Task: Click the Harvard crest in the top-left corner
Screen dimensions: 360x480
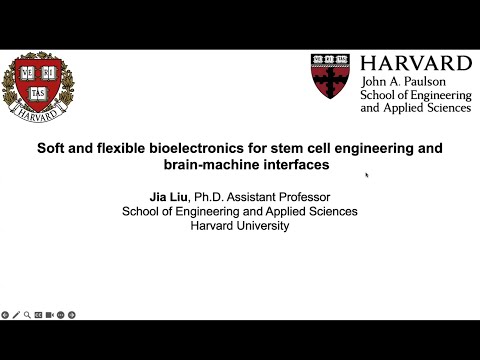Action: (x=38, y=87)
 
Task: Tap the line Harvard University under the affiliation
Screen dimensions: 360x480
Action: (x=240, y=226)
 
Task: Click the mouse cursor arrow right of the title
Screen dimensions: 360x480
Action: (x=367, y=175)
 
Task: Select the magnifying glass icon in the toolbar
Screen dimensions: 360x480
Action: (x=26, y=314)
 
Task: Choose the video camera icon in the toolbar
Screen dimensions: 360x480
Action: (x=49, y=314)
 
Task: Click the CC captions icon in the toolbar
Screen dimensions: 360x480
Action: (x=38, y=314)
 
